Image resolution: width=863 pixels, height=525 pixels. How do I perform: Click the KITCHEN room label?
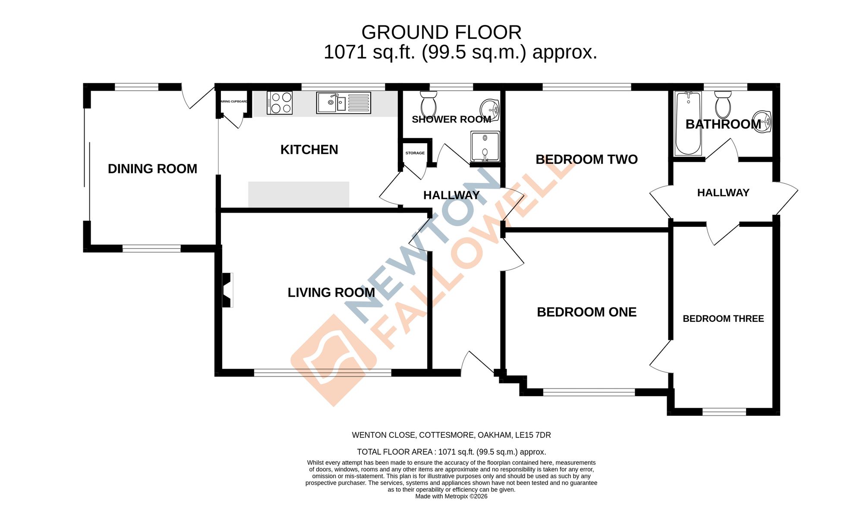(x=309, y=150)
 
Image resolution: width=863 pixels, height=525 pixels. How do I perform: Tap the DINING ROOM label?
(x=152, y=169)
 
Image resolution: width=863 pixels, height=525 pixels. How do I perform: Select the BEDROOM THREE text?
(x=723, y=319)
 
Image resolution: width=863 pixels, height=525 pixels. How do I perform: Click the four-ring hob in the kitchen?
(x=280, y=103)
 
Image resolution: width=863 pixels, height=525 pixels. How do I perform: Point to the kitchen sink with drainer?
(x=343, y=103)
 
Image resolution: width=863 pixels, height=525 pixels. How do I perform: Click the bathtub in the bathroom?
(x=688, y=123)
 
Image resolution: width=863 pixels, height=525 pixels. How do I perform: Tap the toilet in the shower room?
(x=428, y=104)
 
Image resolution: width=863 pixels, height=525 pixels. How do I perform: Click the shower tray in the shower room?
(x=485, y=146)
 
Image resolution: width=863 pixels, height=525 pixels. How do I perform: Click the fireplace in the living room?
(x=227, y=290)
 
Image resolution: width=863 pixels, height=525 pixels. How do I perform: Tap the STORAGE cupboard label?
(x=415, y=153)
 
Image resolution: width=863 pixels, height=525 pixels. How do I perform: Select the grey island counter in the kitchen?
(x=299, y=195)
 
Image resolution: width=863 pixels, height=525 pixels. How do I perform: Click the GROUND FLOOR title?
(x=441, y=33)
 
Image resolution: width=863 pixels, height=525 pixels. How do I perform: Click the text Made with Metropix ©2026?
(x=451, y=497)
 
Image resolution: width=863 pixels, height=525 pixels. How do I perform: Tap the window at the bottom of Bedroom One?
(x=589, y=392)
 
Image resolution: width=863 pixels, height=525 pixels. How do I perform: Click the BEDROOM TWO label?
(x=586, y=160)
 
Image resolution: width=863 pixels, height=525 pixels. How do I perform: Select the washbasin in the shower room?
(x=490, y=109)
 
